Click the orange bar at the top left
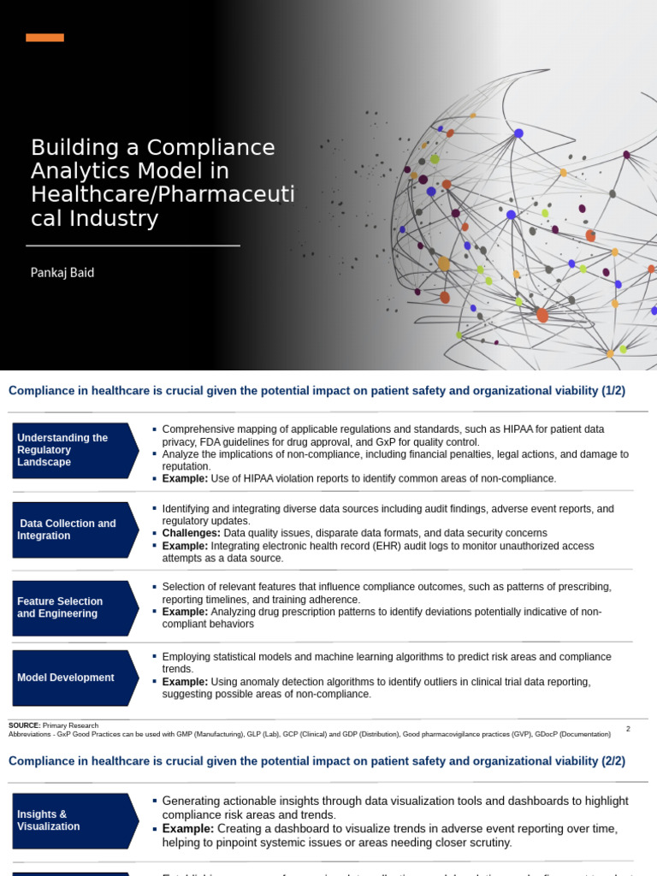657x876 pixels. pyautogui.click(x=44, y=38)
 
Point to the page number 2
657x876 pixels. pyautogui.click(x=628, y=729)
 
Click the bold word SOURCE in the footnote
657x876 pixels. pyautogui.click(x=24, y=725)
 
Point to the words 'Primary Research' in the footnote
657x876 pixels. pyautogui.click(x=70, y=725)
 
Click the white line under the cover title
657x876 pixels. pyautogui.click(x=133, y=246)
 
